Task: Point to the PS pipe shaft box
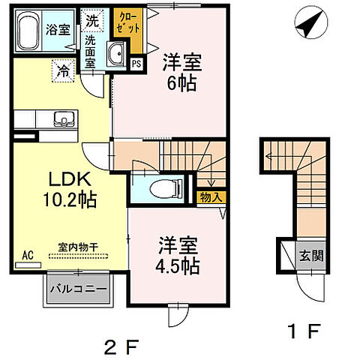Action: (x=136, y=64)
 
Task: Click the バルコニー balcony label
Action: (x=77, y=288)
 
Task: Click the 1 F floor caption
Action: (x=304, y=330)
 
